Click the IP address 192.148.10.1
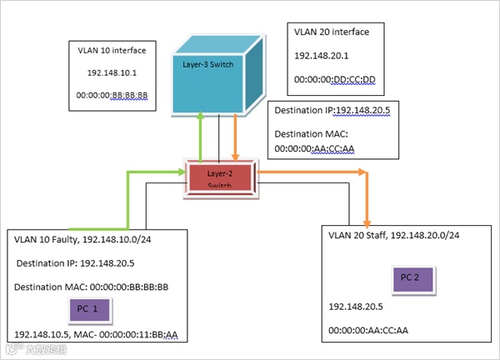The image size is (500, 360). (x=111, y=73)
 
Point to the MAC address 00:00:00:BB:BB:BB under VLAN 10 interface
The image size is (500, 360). (x=111, y=96)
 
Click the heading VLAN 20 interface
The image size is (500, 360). (x=332, y=32)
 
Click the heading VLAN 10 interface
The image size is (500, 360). (x=111, y=50)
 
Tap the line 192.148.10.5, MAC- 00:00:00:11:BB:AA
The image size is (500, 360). (x=97, y=334)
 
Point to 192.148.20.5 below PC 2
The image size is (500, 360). (x=354, y=306)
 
